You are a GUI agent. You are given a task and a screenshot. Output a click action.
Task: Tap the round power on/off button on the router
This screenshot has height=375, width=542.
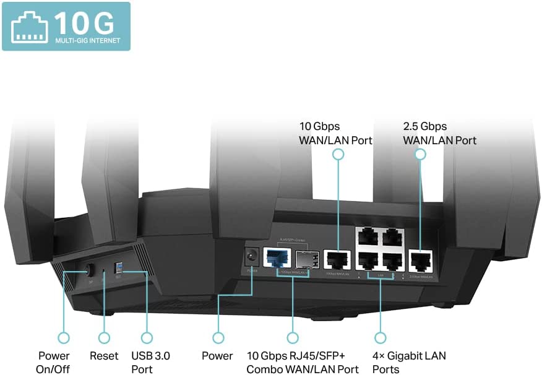pos(88,270)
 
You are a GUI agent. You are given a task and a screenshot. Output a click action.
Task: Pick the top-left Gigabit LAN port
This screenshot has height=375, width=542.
pos(366,236)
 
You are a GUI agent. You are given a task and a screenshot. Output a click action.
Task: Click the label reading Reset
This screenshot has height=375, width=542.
pos(104,356)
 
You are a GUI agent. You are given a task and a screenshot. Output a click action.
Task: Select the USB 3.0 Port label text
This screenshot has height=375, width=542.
pos(150,362)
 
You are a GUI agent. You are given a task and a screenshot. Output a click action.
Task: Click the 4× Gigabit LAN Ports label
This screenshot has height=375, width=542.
pos(410,362)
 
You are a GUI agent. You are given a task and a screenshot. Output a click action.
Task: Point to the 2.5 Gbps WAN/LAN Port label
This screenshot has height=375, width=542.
pos(439,133)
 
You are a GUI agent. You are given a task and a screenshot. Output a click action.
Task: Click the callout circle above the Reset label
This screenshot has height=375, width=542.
pos(104,338)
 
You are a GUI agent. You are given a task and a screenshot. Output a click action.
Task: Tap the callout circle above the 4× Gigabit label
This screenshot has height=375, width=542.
pos(379,338)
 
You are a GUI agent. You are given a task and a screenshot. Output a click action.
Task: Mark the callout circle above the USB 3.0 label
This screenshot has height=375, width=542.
pos(146,338)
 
